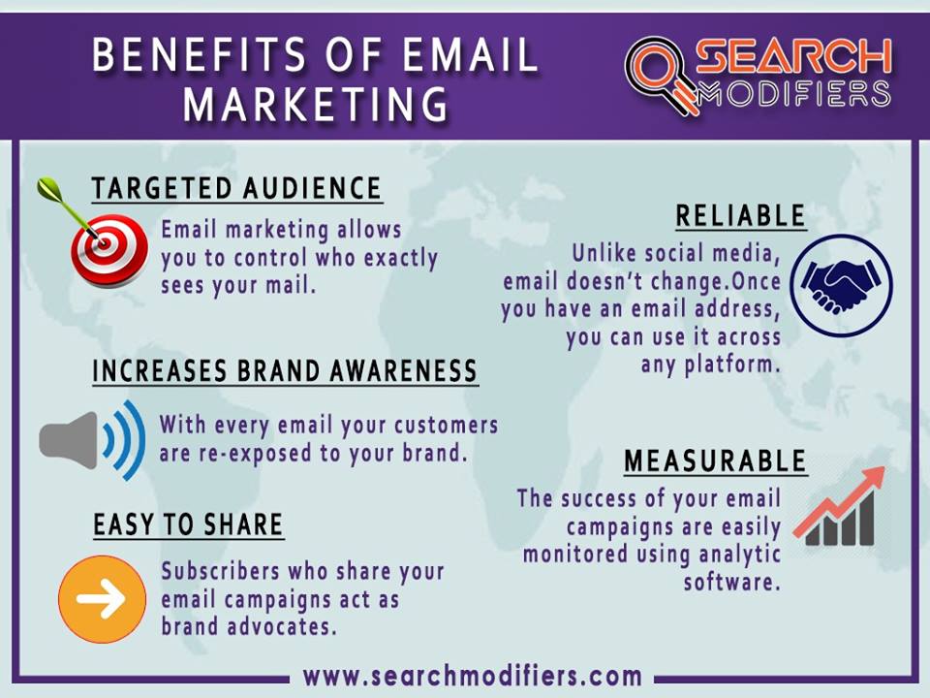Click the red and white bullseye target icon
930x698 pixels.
pyautogui.click(x=109, y=251)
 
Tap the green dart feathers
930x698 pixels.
pyautogui.click(x=49, y=189)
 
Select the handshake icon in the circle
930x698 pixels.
pyautogui.click(x=841, y=285)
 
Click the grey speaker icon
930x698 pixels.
pyautogui.click(x=68, y=440)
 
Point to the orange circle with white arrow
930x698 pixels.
pyautogui.click(x=102, y=599)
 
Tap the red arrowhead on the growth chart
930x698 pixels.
pyautogui.click(x=874, y=477)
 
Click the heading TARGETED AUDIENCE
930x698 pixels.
pyautogui.click(x=236, y=189)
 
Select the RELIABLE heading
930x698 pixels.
pyautogui.click(x=741, y=215)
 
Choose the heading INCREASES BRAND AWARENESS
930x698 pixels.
pyautogui.click(x=285, y=371)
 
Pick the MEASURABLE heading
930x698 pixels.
pyautogui.click(x=715, y=461)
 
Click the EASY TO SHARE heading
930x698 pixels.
pyautogui.click(x=188, y=524)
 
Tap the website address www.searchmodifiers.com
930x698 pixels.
pyautogui.click(x=472, y=676)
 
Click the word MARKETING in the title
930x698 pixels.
pyautogui.click(x=316, y=104)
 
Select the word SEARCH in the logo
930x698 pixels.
pyautogui.click(x=794, y=57)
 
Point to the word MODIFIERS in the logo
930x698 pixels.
pyautogui.click(x=794, y=93)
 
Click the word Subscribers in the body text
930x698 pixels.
pyautogui.click(x=221, y=571)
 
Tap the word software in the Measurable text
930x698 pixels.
pyautogui.click(x=730, y=582)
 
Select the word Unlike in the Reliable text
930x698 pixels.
pyautogui.click(x=604, y=253)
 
